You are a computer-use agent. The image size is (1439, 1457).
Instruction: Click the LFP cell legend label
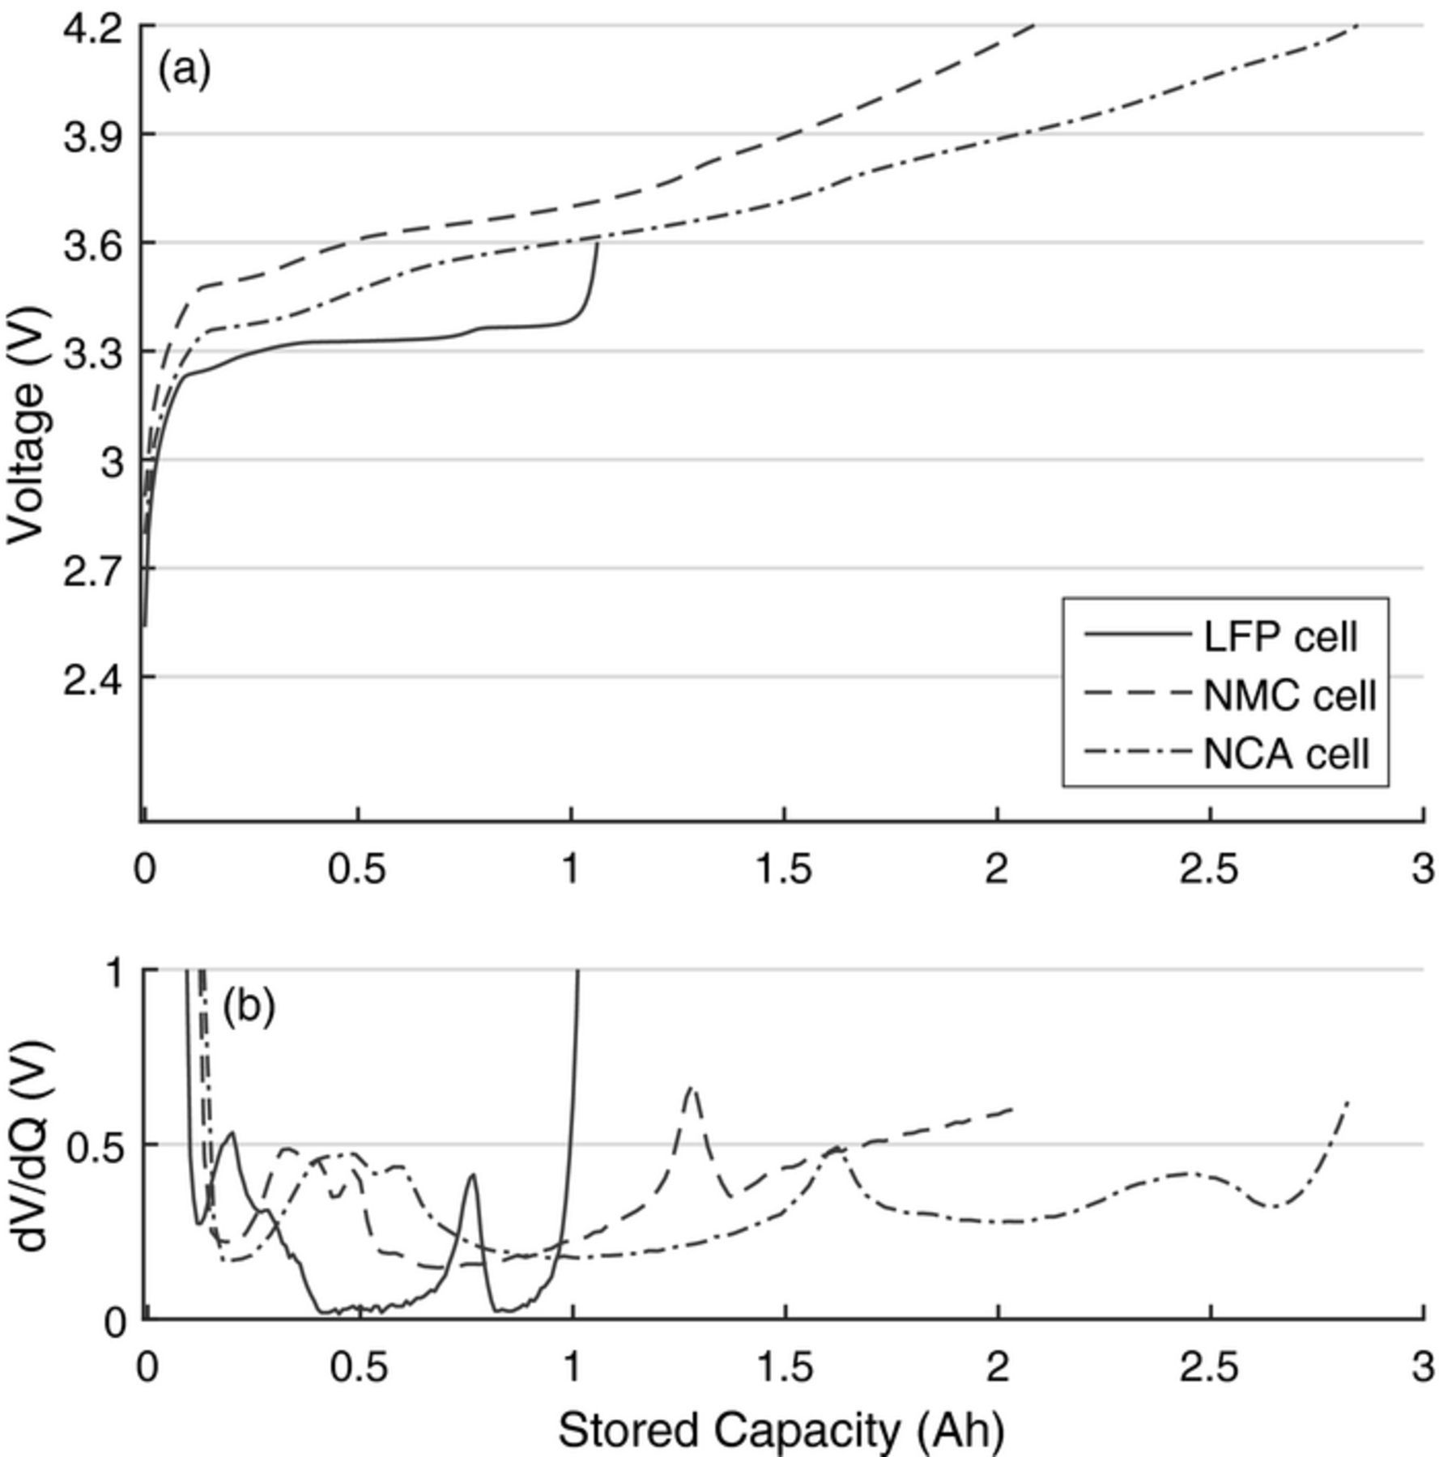coord(1279,637)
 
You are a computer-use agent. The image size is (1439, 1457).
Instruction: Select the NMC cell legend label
coord(1289,695)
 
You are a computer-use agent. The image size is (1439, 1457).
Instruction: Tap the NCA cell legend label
coord(1286,754)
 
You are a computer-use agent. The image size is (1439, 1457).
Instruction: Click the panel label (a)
coord(184,70)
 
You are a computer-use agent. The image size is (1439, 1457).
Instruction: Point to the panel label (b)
coord(249,1007)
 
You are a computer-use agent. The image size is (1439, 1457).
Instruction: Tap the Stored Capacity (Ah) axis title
coord(781,1430)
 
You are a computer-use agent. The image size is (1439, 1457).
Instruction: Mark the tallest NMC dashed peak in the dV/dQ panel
coord(691,1089)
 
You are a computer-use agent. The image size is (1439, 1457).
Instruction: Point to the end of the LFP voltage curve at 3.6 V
coord(598,243)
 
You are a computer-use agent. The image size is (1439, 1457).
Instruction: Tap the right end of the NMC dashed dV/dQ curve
coord(1012,1108)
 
